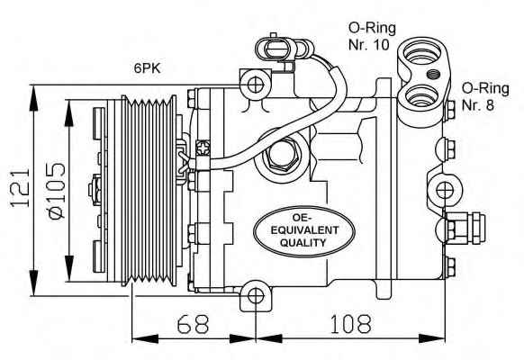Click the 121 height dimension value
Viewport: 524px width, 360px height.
pos(20,188)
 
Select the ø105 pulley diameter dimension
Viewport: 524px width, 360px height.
pos(56,191)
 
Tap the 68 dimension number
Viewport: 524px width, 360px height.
pos(193,324)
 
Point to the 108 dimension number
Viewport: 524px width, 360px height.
pos(350,324)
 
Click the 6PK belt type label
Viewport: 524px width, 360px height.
pos(148,68)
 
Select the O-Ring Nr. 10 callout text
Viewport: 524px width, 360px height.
pos(372,36)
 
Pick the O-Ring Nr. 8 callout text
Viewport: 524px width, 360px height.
pos(485,97)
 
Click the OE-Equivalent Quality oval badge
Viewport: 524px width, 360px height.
pos(303,231)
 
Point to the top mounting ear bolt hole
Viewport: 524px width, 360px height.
pos(256,85)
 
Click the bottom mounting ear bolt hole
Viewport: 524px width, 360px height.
pos(256,297)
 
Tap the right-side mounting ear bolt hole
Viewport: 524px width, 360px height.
pos(445,190)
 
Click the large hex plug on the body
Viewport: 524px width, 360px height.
pos(282,155)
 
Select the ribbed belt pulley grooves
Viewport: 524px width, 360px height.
pos(149,191)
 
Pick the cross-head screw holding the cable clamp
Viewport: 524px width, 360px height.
pos(203,148)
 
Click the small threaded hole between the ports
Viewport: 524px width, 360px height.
pos(433,74)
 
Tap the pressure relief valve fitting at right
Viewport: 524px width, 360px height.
pos(465,228)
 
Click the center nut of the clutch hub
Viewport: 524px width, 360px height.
pos(95,189)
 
